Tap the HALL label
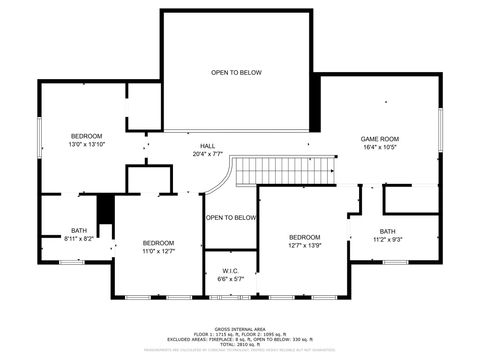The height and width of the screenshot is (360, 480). click(207, 146)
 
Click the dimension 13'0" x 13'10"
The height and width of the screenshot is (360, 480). click(86, 144)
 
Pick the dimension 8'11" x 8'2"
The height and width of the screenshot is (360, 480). click(78, 239)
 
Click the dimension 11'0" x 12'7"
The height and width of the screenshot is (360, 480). click(158, 252)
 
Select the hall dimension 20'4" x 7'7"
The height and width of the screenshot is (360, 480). click(207, 154)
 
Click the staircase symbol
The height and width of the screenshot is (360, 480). click(294, 171)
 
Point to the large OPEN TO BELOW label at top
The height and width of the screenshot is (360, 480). click(236, 72)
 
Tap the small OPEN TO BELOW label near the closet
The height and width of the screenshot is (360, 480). click(231, 217)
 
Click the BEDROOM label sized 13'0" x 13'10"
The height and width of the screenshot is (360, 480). click(86, 135)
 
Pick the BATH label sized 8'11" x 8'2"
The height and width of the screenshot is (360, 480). click(78, 231)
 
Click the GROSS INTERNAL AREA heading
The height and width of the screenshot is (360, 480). click(239, 327)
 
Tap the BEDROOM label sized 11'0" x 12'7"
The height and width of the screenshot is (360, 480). click(158, 243)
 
